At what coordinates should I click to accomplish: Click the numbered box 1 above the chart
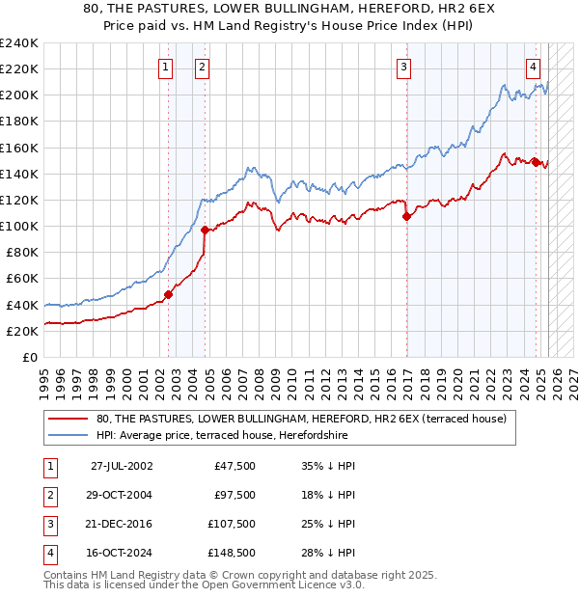tap(166, 68)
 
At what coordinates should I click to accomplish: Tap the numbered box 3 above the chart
tap(403, 68)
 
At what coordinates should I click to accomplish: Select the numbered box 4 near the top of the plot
tap(533, 68)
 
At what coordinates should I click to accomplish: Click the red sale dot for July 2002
tap(168, 295)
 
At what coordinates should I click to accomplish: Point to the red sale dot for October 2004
tap(205, 230)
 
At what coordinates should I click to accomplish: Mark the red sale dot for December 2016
tap(406, 217)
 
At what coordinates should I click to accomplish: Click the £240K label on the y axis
tap(19, 43)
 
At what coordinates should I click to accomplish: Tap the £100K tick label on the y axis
tap(19, 226)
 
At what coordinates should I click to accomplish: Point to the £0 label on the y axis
tap(29, 357)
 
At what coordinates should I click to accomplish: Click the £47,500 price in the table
tap(235, 465)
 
